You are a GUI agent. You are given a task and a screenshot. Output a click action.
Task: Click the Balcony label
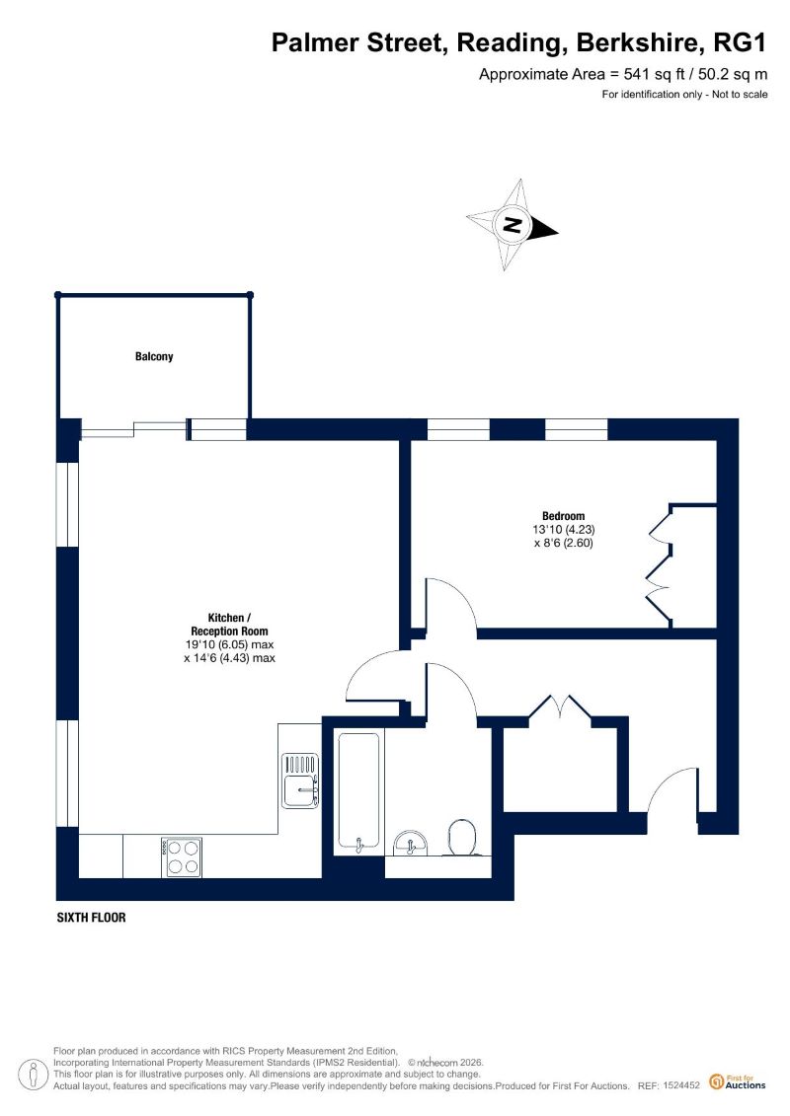point(154,356)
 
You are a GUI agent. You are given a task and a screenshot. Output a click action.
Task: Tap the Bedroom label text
point(564,516)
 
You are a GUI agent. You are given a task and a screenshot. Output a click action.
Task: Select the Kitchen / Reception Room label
point(229,625)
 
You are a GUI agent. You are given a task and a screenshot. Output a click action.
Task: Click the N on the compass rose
point(512,225)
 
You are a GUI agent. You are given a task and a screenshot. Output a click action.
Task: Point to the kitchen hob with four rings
point(182,856)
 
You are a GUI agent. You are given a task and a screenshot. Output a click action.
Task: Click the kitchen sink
point(300,781)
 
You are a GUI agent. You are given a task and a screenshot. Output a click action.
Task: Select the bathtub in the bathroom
point(358,790)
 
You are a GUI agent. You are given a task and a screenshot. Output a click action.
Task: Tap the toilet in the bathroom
point(462,837)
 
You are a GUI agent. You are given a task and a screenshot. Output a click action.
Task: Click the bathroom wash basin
point(411,843)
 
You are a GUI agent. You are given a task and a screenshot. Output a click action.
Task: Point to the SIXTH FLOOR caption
point(91,918)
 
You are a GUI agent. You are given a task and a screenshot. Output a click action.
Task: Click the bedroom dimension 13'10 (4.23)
point(564,530)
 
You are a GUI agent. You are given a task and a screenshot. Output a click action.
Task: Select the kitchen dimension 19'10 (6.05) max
point(229,644)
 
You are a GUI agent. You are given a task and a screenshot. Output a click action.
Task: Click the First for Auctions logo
point(738,1082)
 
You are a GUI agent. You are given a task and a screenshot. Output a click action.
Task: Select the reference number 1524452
point(681,1085)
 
